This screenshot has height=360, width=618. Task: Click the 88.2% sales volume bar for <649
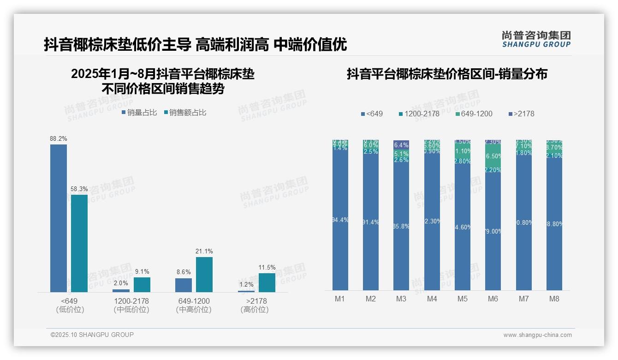[x=59, y=218]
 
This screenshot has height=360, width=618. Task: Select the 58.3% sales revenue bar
[x=79, y=243]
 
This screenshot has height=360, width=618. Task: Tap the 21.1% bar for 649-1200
[x=204, y=274]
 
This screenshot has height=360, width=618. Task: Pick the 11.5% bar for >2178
[x=267, y=282]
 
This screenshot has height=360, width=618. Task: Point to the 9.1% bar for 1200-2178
[x=142, y=284]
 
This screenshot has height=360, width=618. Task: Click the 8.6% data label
[x=184, y=272]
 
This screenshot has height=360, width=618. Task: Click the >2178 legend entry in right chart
[x=521, y=114]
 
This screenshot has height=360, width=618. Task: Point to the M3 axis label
[x=401, y=299]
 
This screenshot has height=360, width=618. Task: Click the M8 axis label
[x=554, y=299]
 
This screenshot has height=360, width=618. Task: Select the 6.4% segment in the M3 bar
[x=401, y=145]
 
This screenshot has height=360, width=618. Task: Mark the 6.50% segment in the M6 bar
[x=493, y=156]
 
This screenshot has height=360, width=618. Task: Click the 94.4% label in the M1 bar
[x=340, y=220]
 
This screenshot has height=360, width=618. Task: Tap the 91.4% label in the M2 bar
[x=371, y=222]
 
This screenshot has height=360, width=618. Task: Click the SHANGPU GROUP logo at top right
[x=536, y=39]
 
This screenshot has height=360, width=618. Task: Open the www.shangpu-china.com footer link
[x=537, y=335]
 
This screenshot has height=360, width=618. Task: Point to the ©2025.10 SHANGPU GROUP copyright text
[x=92, y=335]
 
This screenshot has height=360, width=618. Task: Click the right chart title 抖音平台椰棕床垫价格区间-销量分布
[x=447, y=74]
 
